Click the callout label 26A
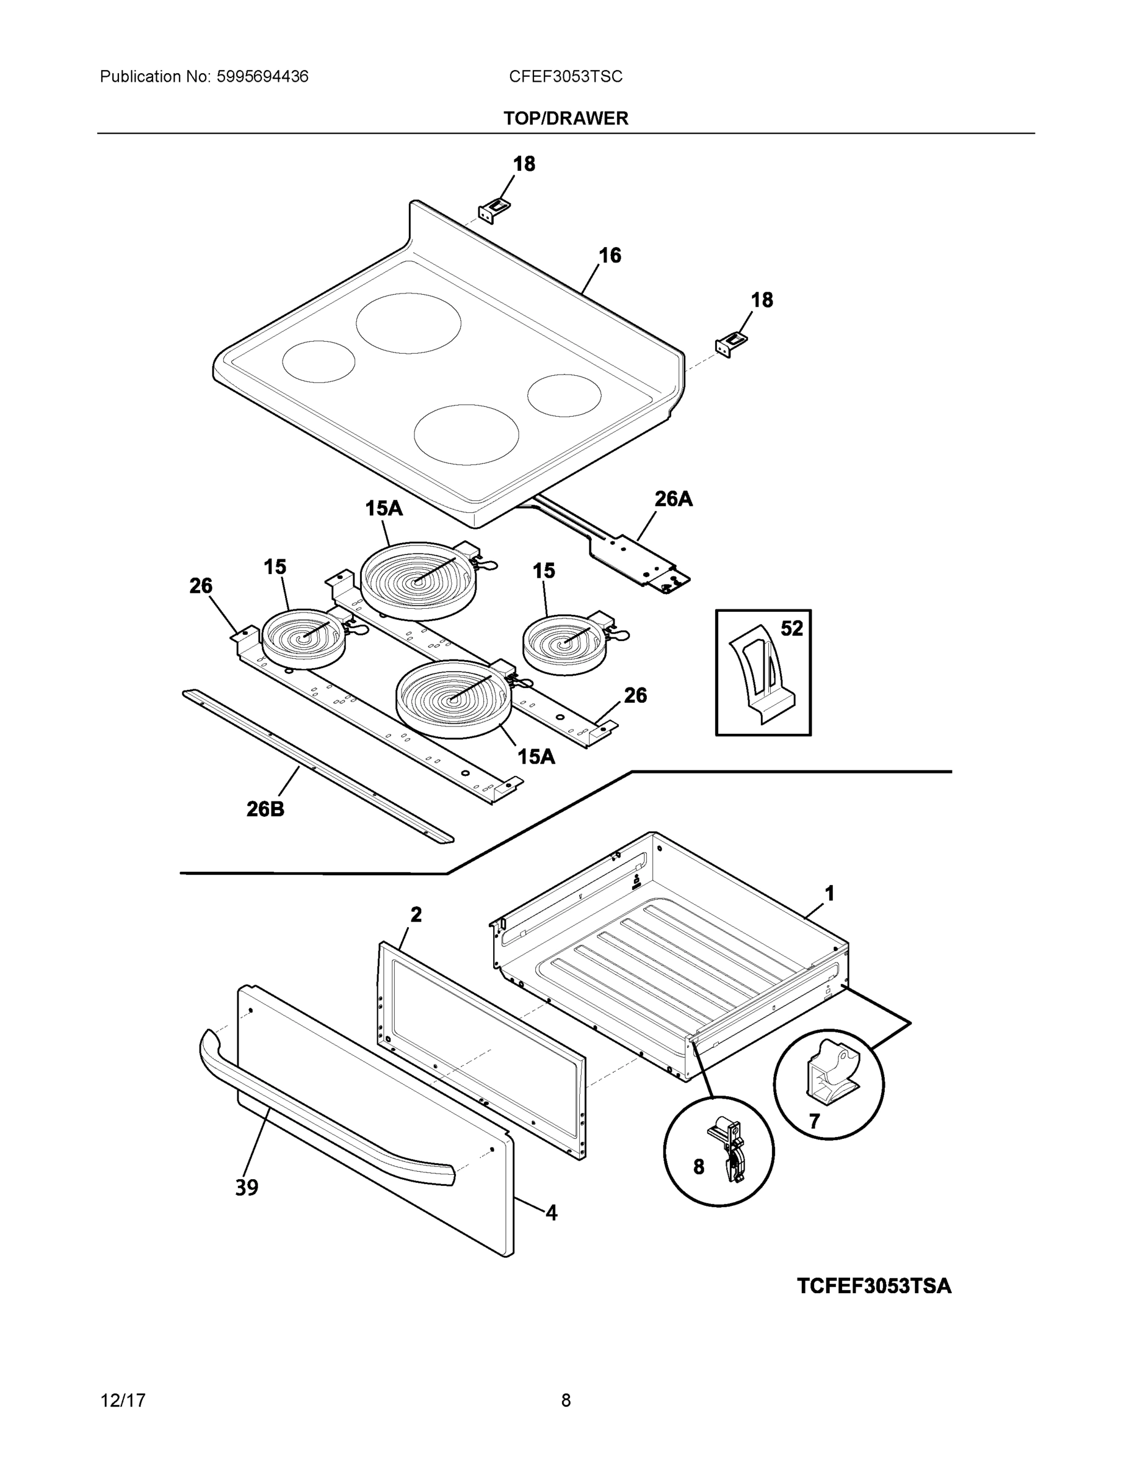click(x=672, y=499)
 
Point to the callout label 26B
click(x=265, y=809)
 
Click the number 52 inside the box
click(x=791, y=628)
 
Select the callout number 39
click(x=247, y=1188)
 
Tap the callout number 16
click(x=610, y=256)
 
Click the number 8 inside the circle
click(x=698, y=1167)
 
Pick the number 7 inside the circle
click(x=813, y=1121)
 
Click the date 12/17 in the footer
click(x=123, y=1401)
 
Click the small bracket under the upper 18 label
click(x=494, y=210)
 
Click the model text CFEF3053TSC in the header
click(x=565, y=77)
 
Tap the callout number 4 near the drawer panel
click(x=551, y=1213)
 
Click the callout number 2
click(x=416, y=914)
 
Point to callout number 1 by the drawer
click(x=829, y=894)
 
